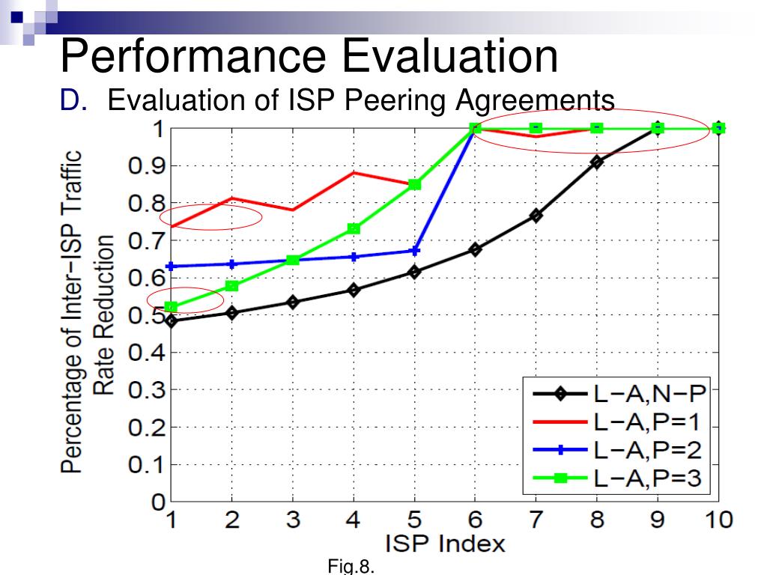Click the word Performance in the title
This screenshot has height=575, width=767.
click(193, 56)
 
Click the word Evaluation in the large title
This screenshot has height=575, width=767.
click(450, 56)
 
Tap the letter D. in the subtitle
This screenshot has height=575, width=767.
click(74, 100)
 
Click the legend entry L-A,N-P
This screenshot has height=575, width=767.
click(650, 393)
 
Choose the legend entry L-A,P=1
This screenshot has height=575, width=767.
click(647, 422)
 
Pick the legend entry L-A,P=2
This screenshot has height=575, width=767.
click(648, 450)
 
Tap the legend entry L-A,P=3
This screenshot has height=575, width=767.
click(648, 478)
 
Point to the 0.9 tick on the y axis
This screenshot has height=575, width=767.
click(146, 166)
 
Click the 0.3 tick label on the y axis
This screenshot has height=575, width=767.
click(146, 389)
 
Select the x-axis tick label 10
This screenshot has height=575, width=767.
click(718, 519)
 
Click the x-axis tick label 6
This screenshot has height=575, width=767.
click(475, 519)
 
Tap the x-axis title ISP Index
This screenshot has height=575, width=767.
click(445, 544)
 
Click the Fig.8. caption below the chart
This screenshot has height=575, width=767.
click(351, 566)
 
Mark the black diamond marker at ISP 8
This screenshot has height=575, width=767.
click(597, 162)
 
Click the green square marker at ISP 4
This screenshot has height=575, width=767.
click(354, 228)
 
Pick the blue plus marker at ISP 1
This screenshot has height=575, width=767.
click(172, 267)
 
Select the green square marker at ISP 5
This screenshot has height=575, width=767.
click(414, 184)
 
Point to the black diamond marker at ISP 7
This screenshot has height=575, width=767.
click(536, 215)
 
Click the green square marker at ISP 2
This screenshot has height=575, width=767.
click(232, 285)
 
